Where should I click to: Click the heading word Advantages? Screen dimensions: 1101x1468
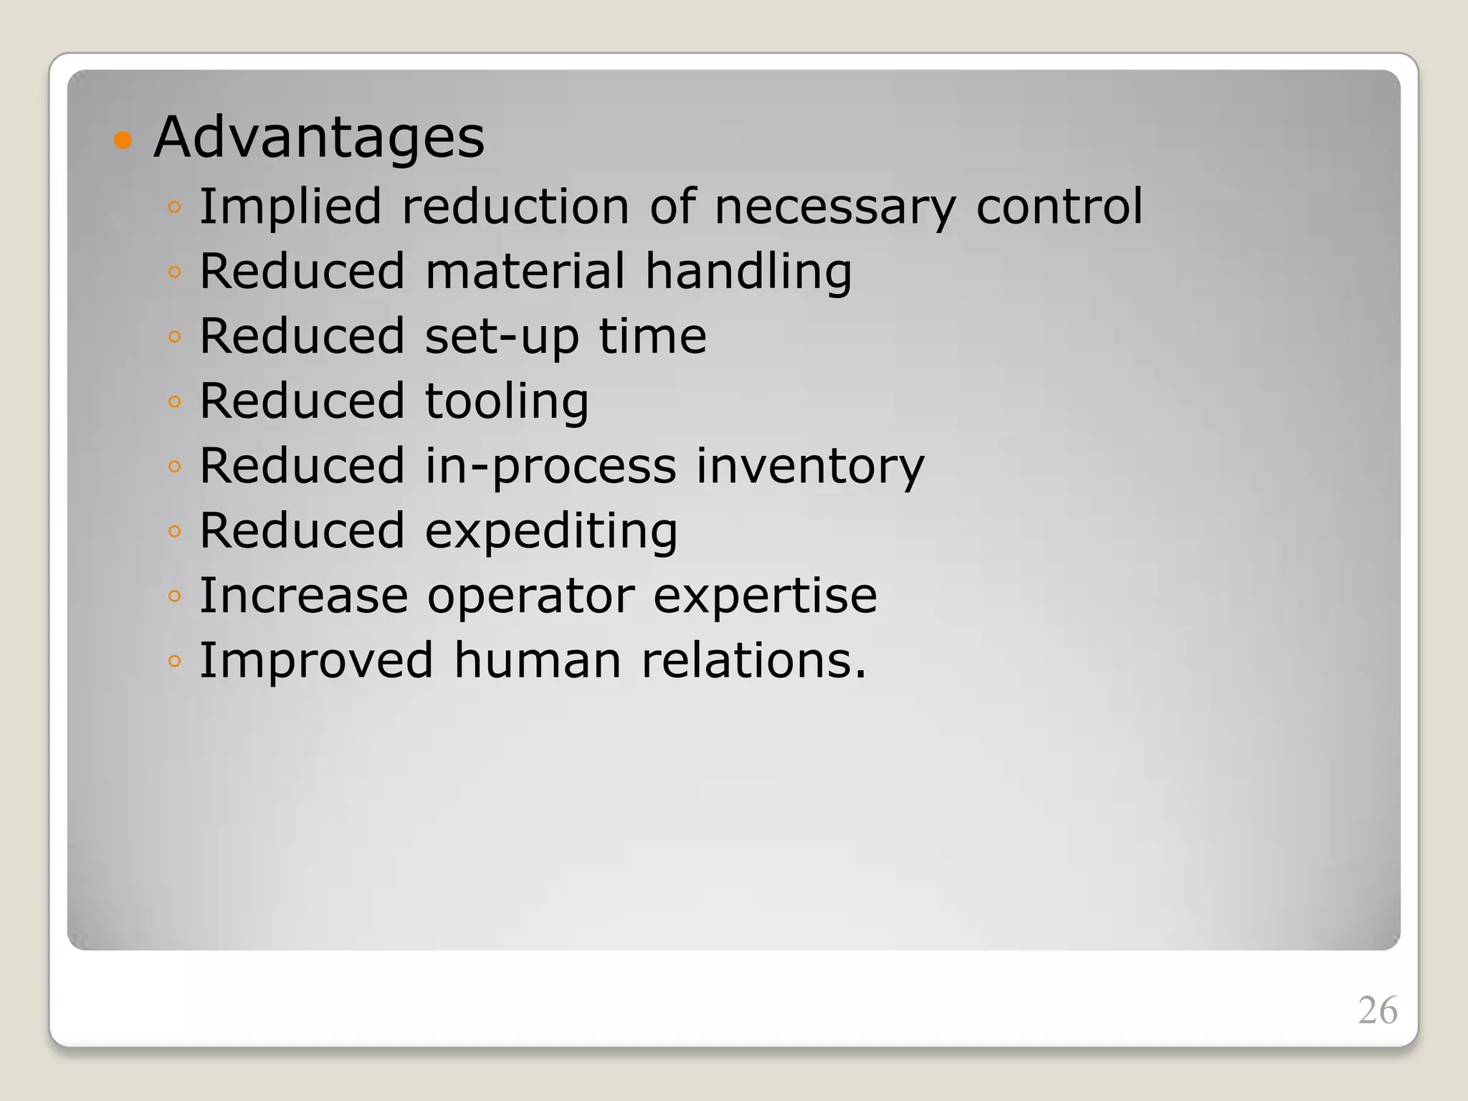(319, 137)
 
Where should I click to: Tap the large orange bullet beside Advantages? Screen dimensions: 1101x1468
(123, 139)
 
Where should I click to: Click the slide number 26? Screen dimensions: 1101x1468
(1377, 1011)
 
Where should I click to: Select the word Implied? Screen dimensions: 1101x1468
(290, 207)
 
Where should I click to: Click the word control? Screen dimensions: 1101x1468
(1059, 206)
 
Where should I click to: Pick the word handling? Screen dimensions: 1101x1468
(748, 272)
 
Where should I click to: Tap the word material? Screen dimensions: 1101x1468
(525, 271)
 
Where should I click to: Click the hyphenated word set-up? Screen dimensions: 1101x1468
(502, 337)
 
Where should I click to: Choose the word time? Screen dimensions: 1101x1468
(652, 336)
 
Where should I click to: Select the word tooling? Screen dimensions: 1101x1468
(507, 401)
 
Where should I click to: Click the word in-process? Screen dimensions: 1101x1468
(550, 467)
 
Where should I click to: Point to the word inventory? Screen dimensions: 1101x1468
(810, 467)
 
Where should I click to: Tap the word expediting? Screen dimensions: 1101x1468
(551, 532)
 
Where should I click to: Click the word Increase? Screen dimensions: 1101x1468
(303, 596)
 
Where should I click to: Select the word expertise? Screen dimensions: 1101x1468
(765, 596)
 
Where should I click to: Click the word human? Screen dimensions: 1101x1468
(538, 660)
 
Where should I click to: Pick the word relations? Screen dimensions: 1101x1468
(753, 660)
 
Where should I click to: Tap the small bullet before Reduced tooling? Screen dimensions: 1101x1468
(174, 401)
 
